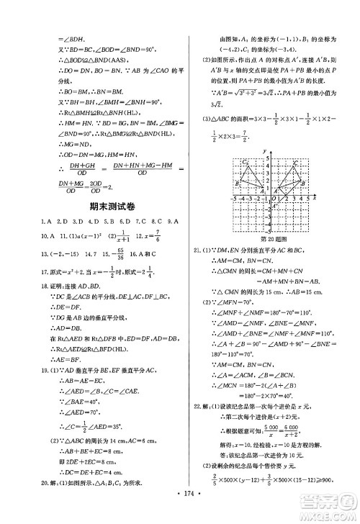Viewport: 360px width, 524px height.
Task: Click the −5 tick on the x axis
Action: tap(233, 196)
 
